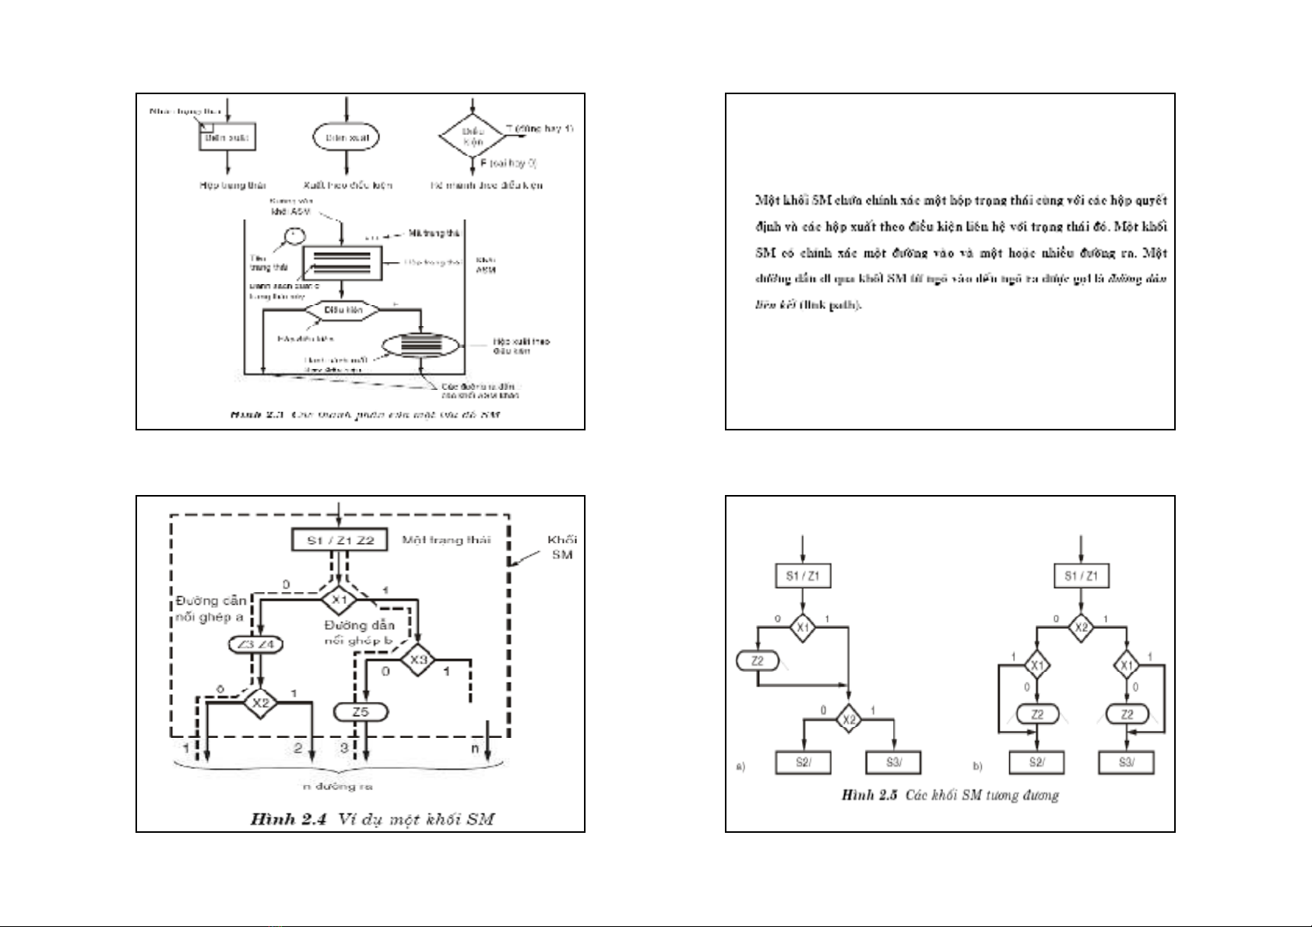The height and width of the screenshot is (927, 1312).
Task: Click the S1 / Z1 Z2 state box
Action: (x=339, y=540)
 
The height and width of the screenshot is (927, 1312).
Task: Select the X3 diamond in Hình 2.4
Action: (x=418, y=660)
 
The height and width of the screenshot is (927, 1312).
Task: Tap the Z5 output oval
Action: (x=360, y=711)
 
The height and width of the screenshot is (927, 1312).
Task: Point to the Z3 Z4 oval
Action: (x=256, y=644)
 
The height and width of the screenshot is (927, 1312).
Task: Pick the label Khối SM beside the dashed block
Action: (x=561, y=547)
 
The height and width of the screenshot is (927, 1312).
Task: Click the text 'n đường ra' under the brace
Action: (x=338, y=786)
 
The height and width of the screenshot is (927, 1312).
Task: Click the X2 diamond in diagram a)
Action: (x=848, y=719)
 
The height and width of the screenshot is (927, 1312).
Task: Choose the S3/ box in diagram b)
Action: (x=1126, y=762)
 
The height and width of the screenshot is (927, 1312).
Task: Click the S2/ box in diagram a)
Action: (x=803, y=762)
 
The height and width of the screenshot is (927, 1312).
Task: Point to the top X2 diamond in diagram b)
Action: (x=1081, y=627)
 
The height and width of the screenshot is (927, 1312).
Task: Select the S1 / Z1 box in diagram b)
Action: (x=1081, y=576)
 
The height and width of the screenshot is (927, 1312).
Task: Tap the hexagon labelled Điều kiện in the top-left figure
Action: (x=343, y=310)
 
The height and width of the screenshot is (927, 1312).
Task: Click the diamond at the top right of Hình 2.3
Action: (x=473, y=136)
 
